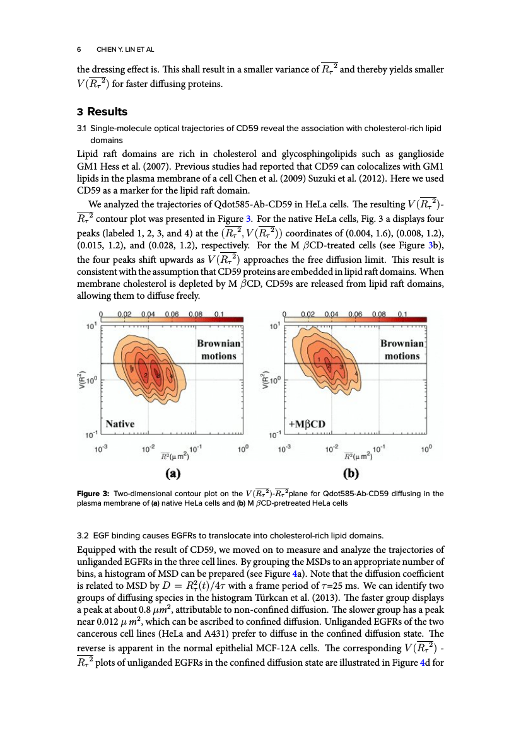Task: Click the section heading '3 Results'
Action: click(102, 112)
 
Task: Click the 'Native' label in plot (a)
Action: click(120, 424)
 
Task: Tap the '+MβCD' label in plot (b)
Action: click(307, 424)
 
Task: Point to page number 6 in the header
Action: click(79, 49)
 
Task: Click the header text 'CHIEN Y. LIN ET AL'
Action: click(125, 49)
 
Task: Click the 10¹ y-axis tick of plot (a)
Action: click(91, 327)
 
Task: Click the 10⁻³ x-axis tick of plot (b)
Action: click(286, 449)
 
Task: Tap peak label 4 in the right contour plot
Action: click(356, 374)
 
